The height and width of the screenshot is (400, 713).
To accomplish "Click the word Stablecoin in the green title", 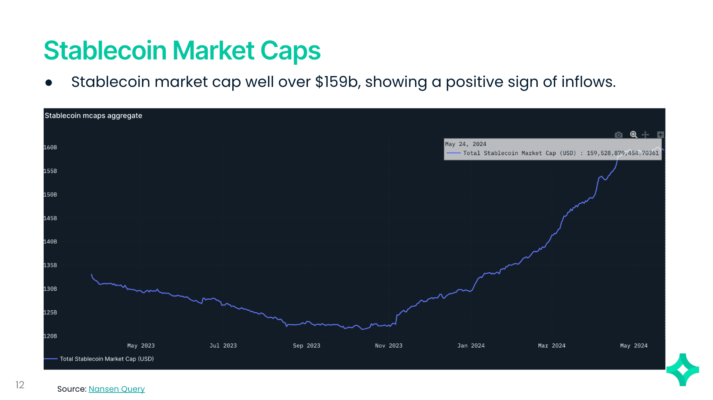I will (105, 51).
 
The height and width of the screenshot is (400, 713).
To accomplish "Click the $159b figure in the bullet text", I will (336, 82).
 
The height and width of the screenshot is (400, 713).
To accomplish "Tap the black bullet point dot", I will (49, 83).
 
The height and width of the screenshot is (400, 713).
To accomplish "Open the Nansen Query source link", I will (116, 389).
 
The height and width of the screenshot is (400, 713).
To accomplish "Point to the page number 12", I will (20, 385).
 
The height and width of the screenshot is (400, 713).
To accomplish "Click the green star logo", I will (682, 370).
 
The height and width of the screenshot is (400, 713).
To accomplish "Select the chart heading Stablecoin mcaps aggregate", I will (93, 116).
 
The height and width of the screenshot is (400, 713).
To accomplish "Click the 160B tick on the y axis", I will (50, 148).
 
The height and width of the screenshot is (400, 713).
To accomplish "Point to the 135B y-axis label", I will (50, 265).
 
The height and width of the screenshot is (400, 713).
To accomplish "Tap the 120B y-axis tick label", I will (50, 336).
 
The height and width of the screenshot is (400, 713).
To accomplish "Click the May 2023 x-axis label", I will (141, 346).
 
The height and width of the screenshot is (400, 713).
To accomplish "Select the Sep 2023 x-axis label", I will (307, 346).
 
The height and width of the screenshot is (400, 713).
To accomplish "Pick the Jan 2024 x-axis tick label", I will (471, 346).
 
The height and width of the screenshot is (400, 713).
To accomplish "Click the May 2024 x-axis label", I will (634, 346).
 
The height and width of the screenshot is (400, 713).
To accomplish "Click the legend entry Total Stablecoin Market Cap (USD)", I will (106, 359).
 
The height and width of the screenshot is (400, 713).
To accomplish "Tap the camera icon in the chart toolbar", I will (619, 135).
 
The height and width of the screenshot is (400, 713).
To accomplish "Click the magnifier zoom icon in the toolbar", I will (633, 135).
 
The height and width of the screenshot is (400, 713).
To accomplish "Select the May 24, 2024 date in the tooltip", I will (466, 144).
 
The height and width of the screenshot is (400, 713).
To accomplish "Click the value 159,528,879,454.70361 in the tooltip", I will (622, 153).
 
